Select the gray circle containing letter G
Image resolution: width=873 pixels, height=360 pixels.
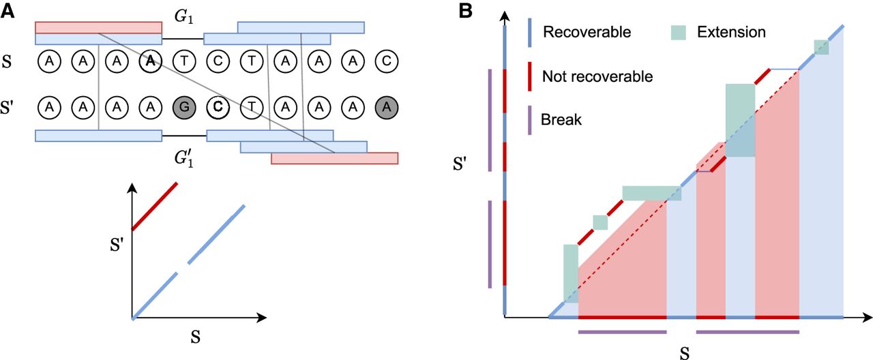click(x=183, y=107)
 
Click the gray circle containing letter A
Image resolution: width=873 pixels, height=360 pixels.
click(x=387, y=107)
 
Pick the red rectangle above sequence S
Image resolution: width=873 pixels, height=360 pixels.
click(x=98, y=27)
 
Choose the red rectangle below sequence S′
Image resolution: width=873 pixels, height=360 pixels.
click(x=334, y=158)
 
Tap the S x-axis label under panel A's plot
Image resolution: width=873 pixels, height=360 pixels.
click(x=194, y=336)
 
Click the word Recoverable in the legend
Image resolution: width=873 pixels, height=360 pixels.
click(x=587, y=32)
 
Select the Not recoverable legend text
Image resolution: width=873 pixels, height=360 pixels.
click(x=597, y=76)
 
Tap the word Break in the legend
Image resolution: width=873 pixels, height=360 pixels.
click(x=561, y=119)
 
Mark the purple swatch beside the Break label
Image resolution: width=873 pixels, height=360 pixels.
click(x=530, y=119)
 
